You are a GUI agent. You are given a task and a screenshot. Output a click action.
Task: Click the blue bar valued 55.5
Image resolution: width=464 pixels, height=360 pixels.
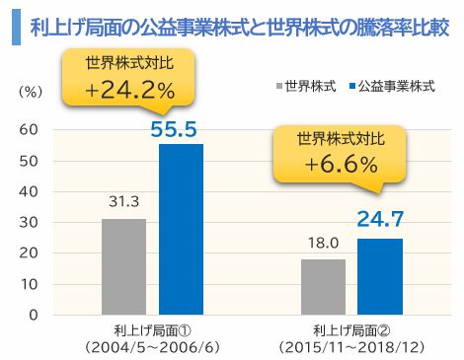[x=181, y=229]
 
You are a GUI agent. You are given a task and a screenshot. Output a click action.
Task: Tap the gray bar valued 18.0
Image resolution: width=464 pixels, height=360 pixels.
[x=323, y=287]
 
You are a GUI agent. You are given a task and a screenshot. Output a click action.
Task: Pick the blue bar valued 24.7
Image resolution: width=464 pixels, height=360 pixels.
[x=379, y=276]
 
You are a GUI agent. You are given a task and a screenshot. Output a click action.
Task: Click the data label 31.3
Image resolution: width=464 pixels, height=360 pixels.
[x=123, y=203]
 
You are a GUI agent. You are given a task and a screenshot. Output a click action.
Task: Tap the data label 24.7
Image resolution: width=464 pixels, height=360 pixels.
[x=380, y=220]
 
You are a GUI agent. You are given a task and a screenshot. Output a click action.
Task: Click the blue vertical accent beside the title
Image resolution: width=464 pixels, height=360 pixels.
[x=15, y=26]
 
